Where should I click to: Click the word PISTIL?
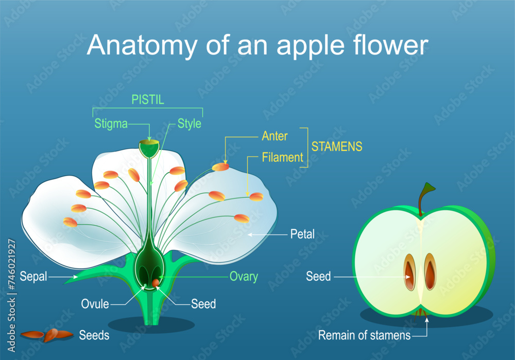tap(147, 100)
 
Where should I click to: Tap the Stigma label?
tap(111, 124)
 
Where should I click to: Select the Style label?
tap(189, 124)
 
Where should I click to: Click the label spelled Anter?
tap(274, 136)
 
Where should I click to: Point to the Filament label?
tap(282, 157)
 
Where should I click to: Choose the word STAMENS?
tap(336, 147)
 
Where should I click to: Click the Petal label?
tap(302, 235)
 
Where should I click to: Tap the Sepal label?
tap(34, 277)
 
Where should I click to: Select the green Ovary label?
tap(244, 277)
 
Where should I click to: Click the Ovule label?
tap(95, 304)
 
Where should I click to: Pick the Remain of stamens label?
tap(364, 336)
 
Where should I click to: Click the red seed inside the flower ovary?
tap(155, 283)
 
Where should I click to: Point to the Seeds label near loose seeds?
tap(94, 335)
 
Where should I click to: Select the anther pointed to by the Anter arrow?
tap(220, 167)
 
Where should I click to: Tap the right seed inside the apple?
tap(430, 271)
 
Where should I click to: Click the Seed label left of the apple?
tap(318, 277)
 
